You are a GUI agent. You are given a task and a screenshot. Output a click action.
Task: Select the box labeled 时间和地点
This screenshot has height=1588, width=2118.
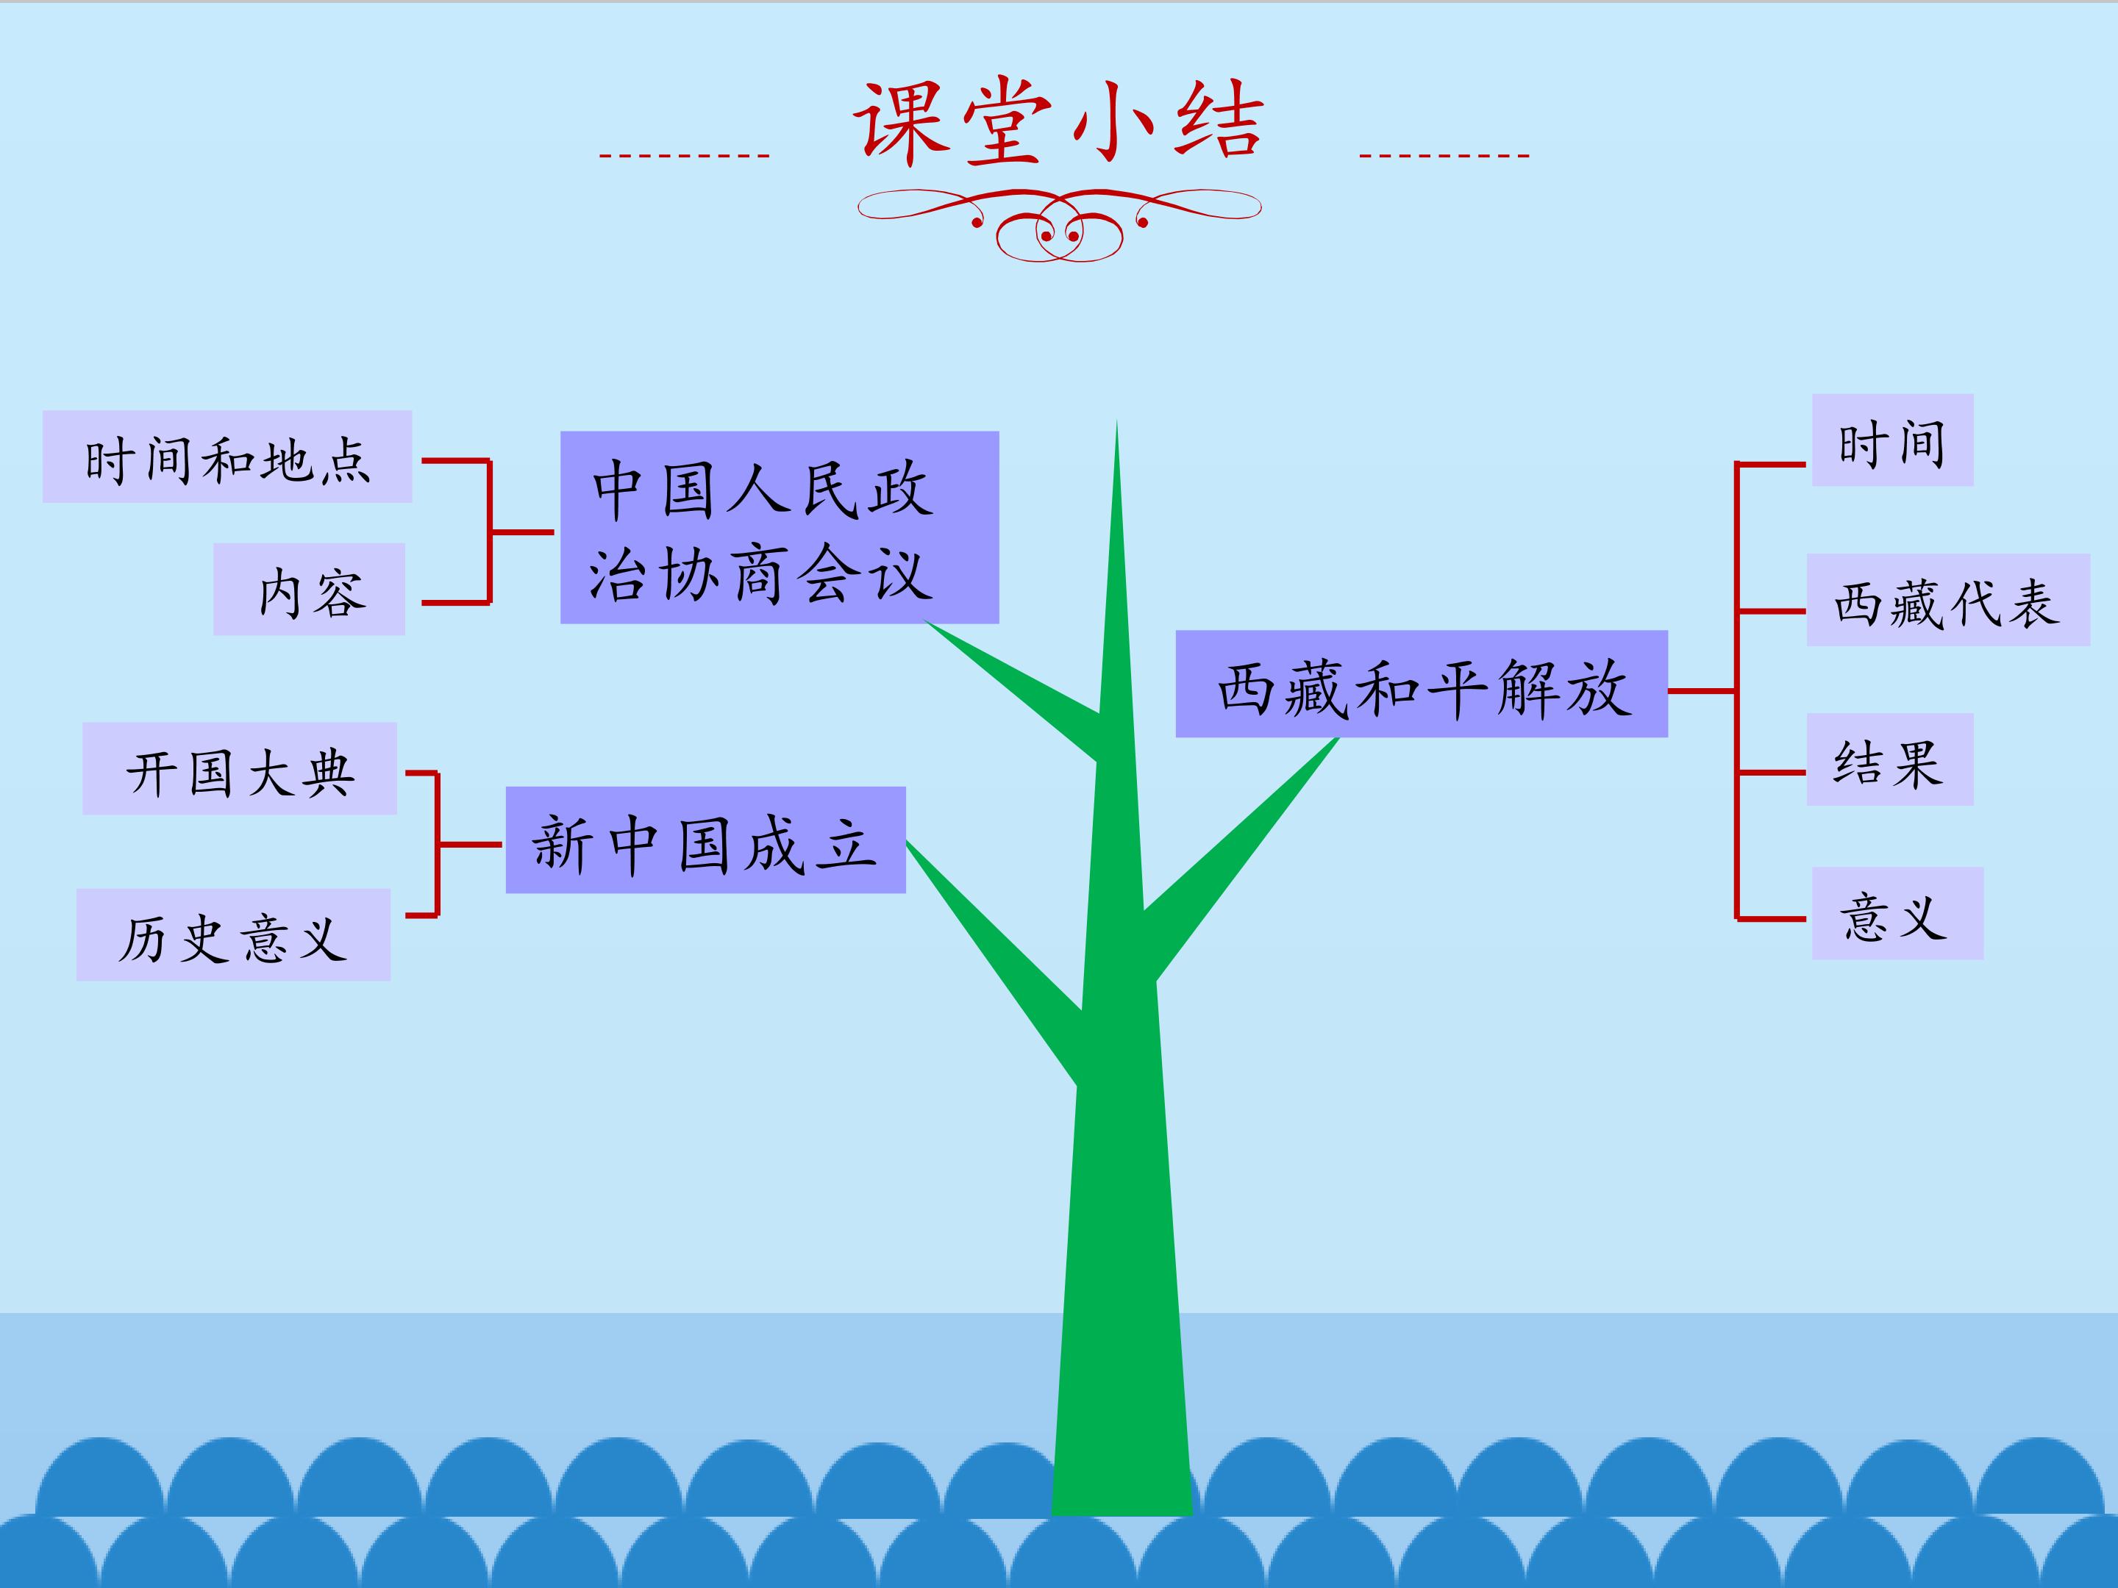(227, 457)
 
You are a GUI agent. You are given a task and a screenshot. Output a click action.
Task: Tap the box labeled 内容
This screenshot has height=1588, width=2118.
(310, 589)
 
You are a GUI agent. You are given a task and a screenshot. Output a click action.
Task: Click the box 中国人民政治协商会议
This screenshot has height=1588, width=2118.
(780, 527)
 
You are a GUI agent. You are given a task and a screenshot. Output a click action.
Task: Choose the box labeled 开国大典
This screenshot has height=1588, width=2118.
(239, 768)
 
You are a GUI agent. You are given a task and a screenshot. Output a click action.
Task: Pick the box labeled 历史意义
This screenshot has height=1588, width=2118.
(234, 934)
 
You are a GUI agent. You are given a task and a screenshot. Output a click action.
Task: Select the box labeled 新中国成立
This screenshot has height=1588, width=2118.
(706, 840)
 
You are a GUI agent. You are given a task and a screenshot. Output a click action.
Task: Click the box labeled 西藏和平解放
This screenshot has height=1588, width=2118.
(1422, 684)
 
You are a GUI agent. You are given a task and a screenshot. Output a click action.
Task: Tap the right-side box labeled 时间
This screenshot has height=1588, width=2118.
(1893, 440)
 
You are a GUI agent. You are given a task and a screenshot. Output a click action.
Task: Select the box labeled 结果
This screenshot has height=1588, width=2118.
(1890, 759)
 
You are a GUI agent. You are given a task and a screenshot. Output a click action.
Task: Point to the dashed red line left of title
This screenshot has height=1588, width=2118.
(685, 155)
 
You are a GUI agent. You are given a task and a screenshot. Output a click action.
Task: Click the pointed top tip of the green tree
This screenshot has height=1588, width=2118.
(1116, 421)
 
